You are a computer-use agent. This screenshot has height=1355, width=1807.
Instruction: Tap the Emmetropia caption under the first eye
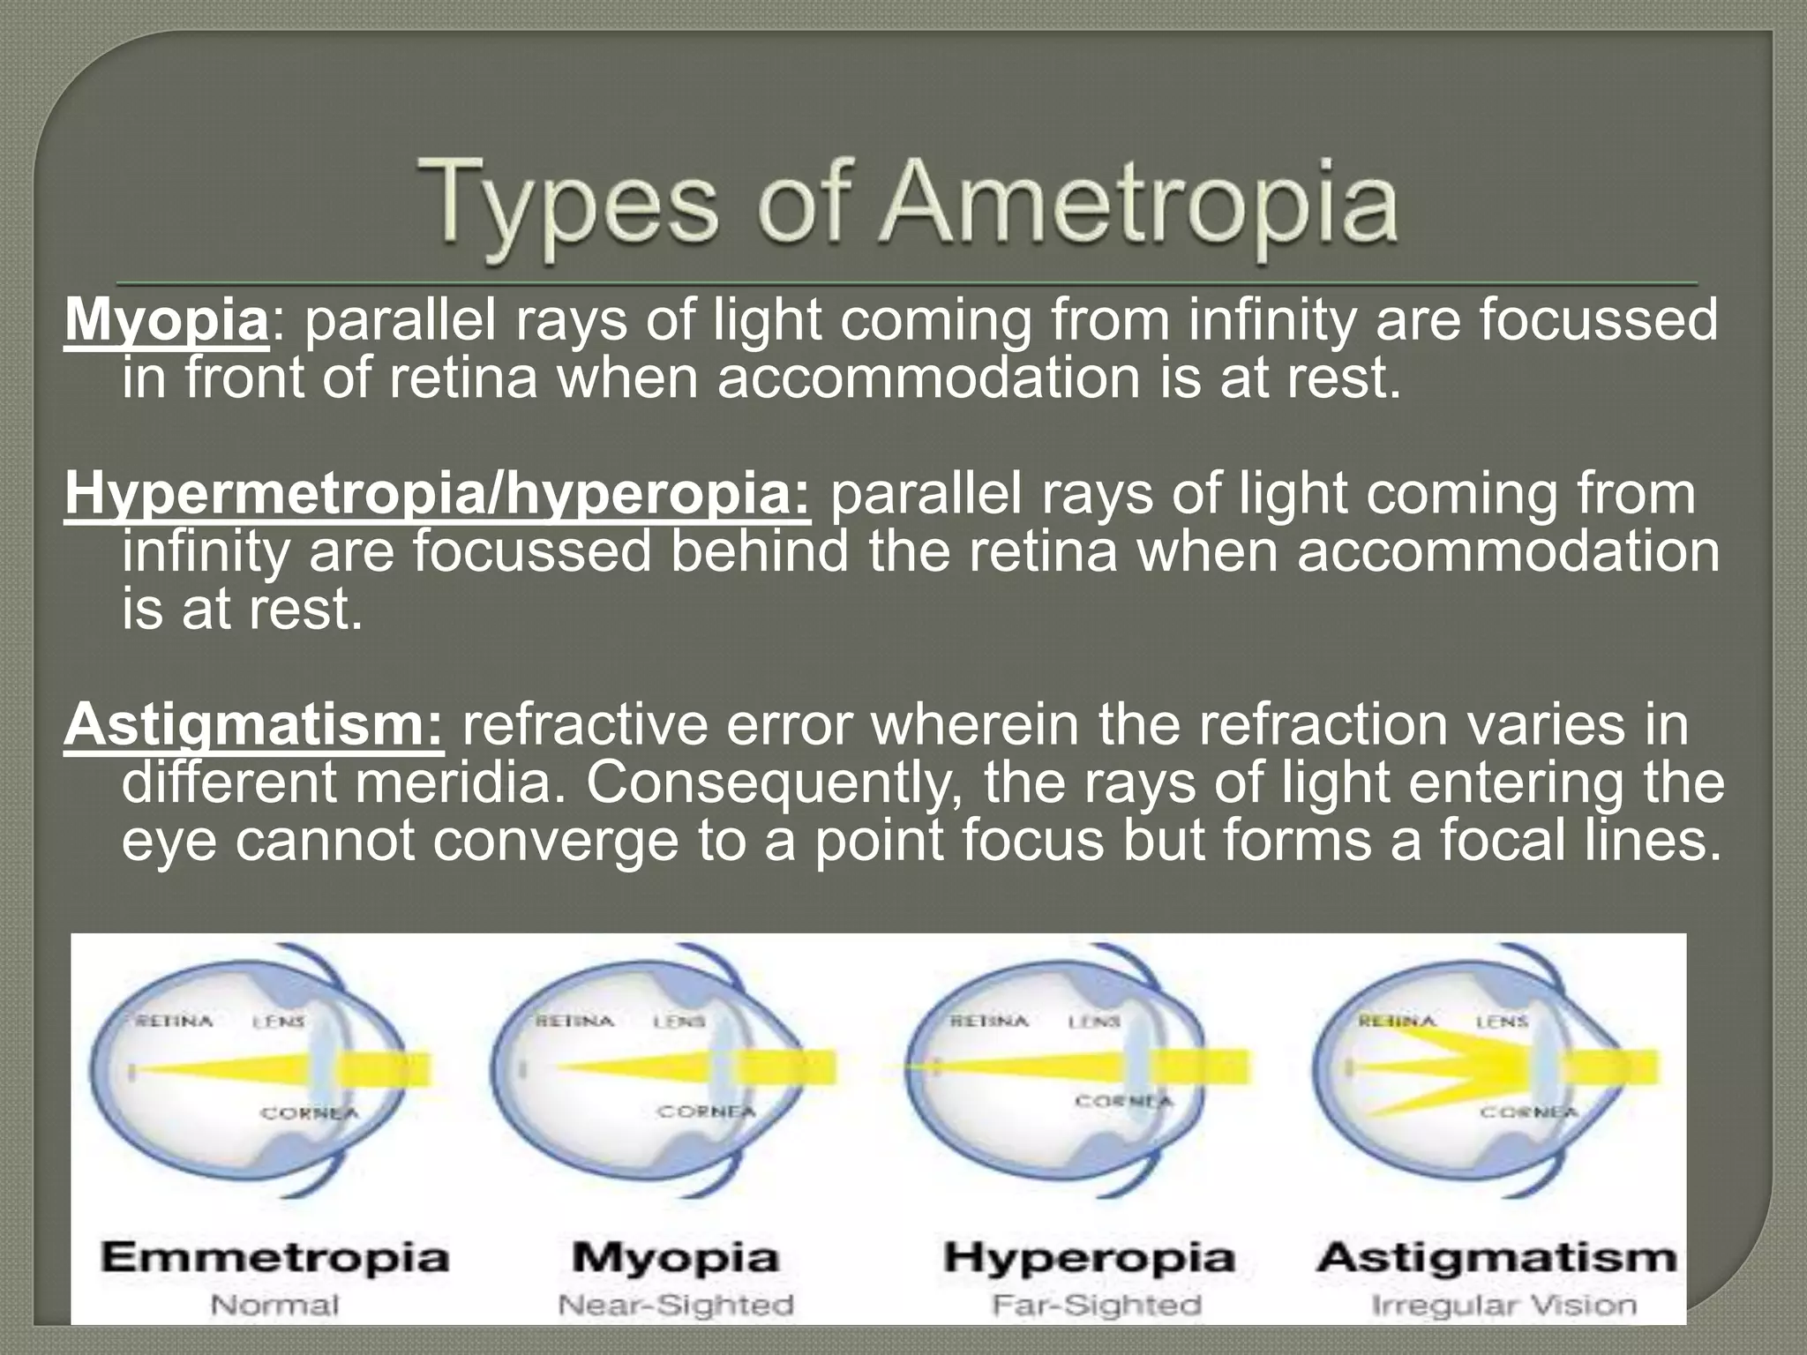(x=274, y=1256)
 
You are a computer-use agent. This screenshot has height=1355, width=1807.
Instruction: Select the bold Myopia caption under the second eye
(x=676, y=1256)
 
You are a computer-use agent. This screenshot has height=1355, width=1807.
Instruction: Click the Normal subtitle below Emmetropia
(x=274, y=1304)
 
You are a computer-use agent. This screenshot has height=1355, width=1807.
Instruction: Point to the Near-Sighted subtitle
(x=676, y=1304)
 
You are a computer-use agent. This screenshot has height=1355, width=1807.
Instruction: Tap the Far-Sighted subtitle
(x=1096, y=1304)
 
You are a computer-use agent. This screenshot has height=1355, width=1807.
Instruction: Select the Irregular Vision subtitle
(x=1503, y=1304)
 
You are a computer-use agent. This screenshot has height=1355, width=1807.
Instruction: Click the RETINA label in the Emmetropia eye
(x=175, y=1021)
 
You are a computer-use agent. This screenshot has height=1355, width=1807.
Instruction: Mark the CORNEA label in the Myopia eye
(x=707, y=1112)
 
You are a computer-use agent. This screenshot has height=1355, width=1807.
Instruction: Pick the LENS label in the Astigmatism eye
(x=1502, y=1021)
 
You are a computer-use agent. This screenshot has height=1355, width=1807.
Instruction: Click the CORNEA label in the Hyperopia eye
(x=1123, y=1101)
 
